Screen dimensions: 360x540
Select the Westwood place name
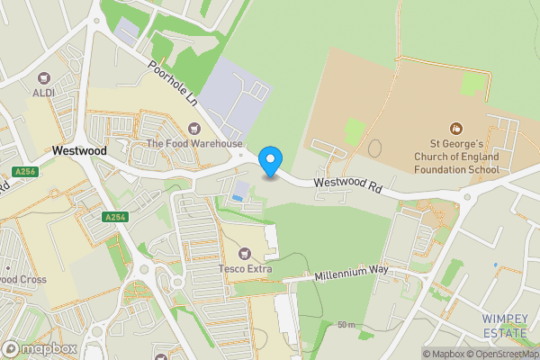tap(79, 151)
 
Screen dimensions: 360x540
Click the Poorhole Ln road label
tap(173, 85)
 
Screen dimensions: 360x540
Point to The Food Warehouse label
tap(194, 144)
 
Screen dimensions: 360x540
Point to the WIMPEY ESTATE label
tap(505, 326)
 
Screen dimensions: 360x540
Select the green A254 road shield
tap(114, 217)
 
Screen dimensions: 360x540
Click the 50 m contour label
tap(346, 324)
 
